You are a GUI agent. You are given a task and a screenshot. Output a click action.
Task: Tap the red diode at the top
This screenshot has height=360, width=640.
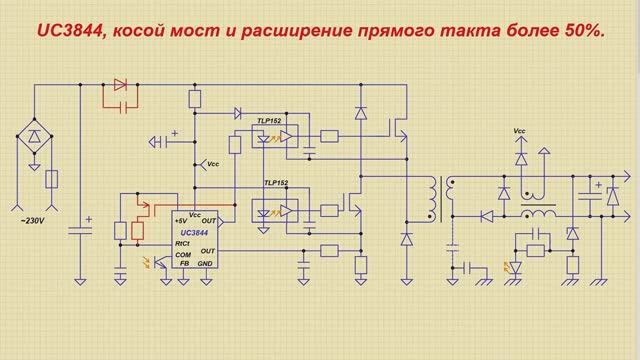tap(121, 84)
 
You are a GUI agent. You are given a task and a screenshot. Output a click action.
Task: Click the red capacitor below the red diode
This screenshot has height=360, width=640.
tap(120, 103)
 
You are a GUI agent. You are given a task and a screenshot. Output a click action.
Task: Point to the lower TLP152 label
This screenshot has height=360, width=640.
tap(276, 183)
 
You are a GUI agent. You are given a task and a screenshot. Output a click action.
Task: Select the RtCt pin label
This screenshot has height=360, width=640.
tap(182, 242)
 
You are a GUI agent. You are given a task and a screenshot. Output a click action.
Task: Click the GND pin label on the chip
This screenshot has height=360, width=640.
tap(205, 263)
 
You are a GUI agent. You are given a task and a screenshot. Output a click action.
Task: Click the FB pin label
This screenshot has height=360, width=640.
tap(183, 263)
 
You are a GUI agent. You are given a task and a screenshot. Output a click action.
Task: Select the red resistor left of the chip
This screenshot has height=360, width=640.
tap(137, 230)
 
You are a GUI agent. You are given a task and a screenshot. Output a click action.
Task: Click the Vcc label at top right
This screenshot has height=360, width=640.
tap(519, 130)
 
